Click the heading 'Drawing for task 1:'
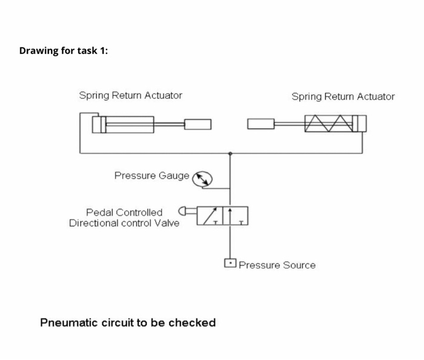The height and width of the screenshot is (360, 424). tap(64, 50)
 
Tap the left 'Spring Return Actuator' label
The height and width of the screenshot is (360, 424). tap(130, 95)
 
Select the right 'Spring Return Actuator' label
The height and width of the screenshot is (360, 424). tap(343, 96)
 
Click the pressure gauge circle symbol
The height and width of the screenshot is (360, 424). tap(203, 178)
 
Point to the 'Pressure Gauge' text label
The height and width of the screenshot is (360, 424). tap(152, 175)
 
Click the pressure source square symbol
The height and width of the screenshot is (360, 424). tap(230, 263)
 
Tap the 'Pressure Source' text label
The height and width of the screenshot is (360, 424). tap(277, 265)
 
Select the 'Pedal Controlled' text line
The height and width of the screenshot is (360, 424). tap(124, 212)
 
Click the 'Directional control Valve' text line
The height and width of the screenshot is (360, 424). tap(124, 223)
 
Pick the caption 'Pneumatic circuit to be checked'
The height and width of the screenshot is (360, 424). tap(128, 322)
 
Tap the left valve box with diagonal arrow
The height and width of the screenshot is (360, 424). tap(210, 215)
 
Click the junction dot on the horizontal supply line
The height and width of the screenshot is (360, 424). tap(230, 154)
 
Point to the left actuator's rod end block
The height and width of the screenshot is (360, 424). tap(197, 124)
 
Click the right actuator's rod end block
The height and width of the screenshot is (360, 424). tap(261, 124)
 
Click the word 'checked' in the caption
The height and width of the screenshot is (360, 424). tap(192, 322)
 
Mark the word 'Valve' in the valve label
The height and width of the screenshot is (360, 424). tap(167, 223)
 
